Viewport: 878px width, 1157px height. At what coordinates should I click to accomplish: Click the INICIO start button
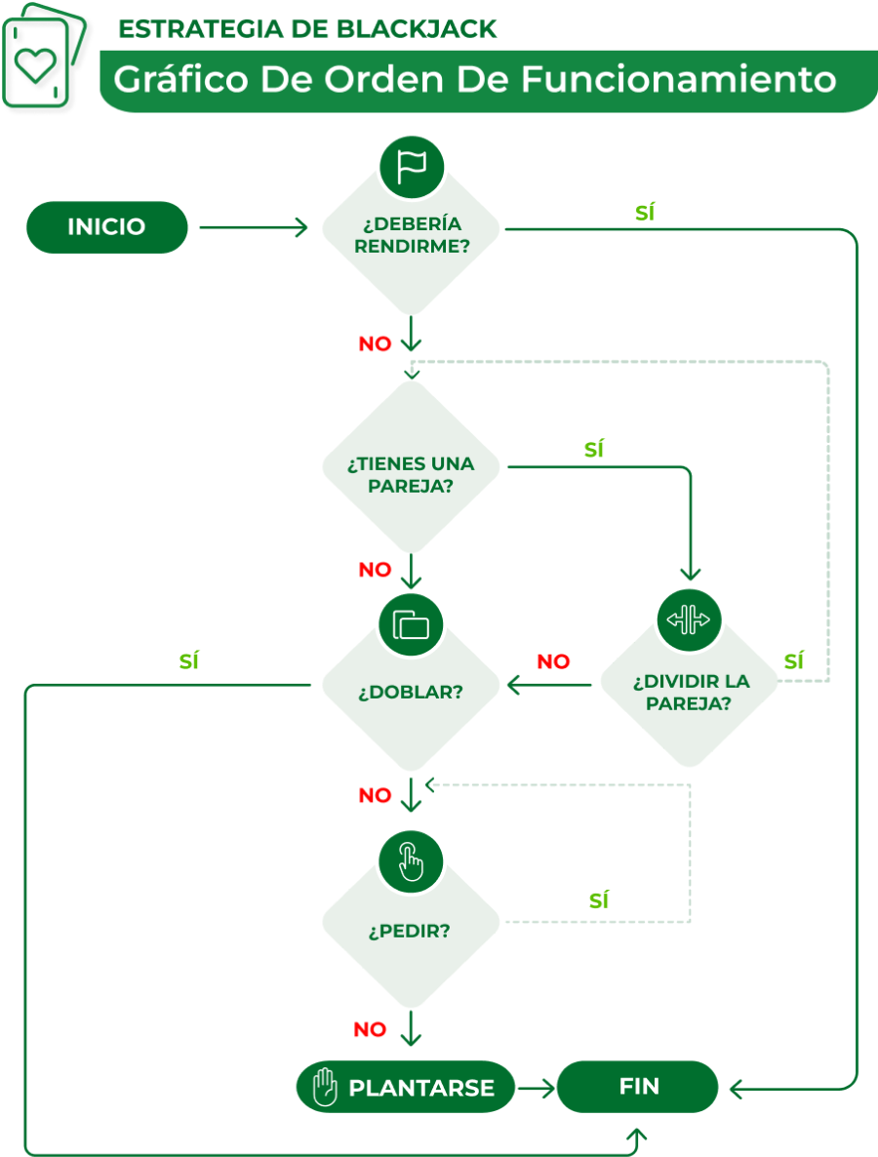[106, 227]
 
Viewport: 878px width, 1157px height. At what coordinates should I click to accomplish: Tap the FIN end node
[638, 1087]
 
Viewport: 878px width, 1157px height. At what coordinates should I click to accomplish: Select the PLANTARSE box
[406, 1087]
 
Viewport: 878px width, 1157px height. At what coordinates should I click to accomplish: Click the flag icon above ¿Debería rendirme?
[411, 167]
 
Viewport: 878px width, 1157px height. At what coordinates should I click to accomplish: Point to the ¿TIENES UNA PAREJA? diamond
[411, 472]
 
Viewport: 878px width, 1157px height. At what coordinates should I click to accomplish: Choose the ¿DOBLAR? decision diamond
[411, 692]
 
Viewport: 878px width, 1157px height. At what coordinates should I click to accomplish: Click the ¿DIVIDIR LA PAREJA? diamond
[689, 692]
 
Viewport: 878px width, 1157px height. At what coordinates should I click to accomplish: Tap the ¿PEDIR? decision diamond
[411, 930]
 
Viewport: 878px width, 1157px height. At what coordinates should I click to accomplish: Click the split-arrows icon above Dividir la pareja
[689, 619]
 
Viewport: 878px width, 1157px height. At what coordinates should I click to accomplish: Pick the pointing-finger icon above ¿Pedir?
[411, 859]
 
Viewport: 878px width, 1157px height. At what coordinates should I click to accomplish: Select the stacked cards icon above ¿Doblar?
[411, 623]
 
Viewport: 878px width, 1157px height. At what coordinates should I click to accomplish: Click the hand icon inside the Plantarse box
[325, 1087]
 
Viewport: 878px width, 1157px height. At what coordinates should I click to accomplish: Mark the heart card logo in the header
[38, 64]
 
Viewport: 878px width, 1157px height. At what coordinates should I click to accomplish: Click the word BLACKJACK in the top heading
[417, 29]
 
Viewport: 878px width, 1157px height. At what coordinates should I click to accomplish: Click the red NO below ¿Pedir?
[370, 1029]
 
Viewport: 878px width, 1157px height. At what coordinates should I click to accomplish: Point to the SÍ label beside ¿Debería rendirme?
[644, 212]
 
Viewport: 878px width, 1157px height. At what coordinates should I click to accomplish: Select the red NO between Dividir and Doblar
[553, 661]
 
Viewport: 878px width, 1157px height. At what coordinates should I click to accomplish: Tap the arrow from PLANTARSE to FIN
[536, 1087]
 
